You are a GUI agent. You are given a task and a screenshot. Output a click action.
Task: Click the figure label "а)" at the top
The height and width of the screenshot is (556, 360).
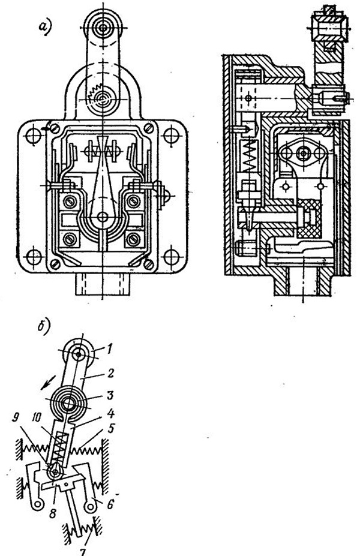point(46,28)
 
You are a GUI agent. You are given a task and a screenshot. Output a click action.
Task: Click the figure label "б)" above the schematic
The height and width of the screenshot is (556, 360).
point(44,327)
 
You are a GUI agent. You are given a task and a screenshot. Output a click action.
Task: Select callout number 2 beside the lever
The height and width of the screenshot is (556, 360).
point(110,373)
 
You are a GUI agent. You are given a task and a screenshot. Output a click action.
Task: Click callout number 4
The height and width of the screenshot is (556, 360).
point(112,413)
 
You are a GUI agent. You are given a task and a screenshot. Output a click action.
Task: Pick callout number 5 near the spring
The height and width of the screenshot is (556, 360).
point(111,429)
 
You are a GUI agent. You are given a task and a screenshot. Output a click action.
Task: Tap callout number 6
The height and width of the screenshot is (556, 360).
point(110,504)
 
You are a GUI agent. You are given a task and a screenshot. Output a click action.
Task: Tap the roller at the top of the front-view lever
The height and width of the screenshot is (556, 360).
point(103,28)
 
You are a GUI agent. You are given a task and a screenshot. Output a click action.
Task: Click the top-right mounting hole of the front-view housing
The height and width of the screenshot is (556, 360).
point(171,134)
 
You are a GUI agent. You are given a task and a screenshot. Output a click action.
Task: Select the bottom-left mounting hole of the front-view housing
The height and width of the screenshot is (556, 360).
point(34,256)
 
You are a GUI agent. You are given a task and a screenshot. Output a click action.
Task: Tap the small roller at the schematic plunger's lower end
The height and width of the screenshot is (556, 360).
point(55,472)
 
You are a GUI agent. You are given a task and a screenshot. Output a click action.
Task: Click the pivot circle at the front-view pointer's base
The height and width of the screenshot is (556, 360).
point(103,217)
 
